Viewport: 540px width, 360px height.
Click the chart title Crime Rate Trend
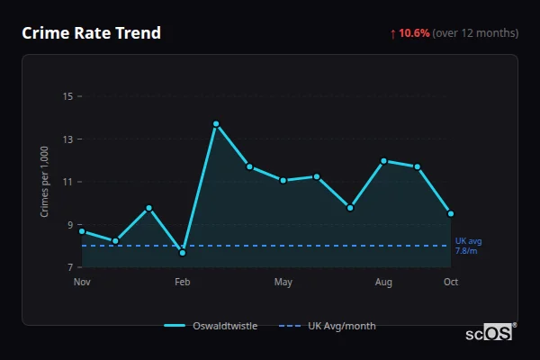click(91, 33)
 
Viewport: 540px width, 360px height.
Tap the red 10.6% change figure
click(414, 33)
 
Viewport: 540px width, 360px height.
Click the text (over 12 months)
click(475, 33)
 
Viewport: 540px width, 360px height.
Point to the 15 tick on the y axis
click(67, 96)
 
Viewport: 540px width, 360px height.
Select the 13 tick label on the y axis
click(67, 139)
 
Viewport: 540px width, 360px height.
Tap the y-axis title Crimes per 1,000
click(44, 182)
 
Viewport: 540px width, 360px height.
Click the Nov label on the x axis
click(82, 283)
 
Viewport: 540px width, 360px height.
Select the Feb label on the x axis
click(183, 283)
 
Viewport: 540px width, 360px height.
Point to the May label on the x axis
click(283, 283)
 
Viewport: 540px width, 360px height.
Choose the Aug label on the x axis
click(383, 283)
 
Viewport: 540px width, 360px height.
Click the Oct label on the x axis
click(451, 283)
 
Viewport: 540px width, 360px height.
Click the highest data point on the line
click(216, 123)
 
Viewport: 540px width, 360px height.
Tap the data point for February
click(183, 253)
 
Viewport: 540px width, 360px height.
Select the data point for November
click(82, 231)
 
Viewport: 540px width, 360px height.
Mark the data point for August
click(383, 161)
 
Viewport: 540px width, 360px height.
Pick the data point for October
click(451, 214)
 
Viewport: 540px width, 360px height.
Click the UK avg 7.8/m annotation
click(468, 246)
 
